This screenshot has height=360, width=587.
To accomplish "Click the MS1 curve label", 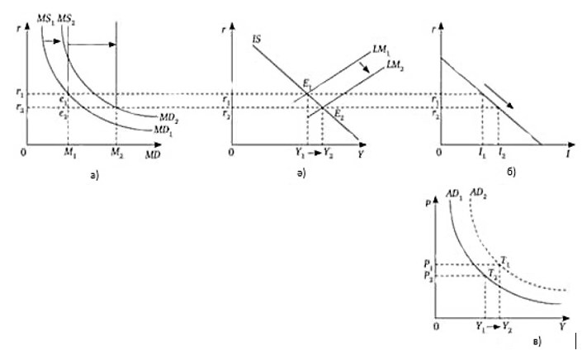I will (48, 17).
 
